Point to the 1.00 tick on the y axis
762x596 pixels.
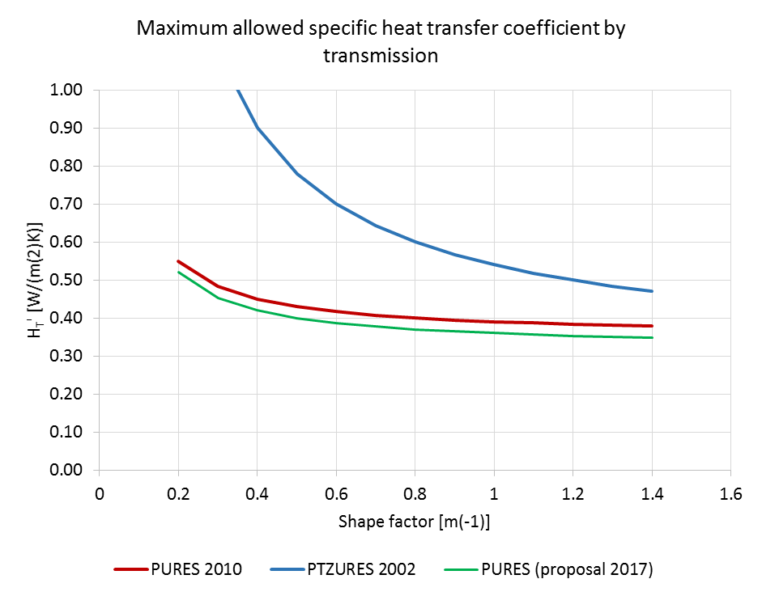point(67,90)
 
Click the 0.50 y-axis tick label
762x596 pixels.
point(67,280)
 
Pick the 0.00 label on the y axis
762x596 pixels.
point(67,470)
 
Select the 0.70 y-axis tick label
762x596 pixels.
point(67,204)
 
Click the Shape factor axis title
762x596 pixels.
point(415,522)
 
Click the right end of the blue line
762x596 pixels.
point(652,291)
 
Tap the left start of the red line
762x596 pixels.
point(178,261)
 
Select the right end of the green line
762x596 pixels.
point(652,337)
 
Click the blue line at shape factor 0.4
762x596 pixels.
point(257,128)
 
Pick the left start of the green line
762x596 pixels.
point(178,273)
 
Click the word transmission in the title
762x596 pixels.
point(381,56)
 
